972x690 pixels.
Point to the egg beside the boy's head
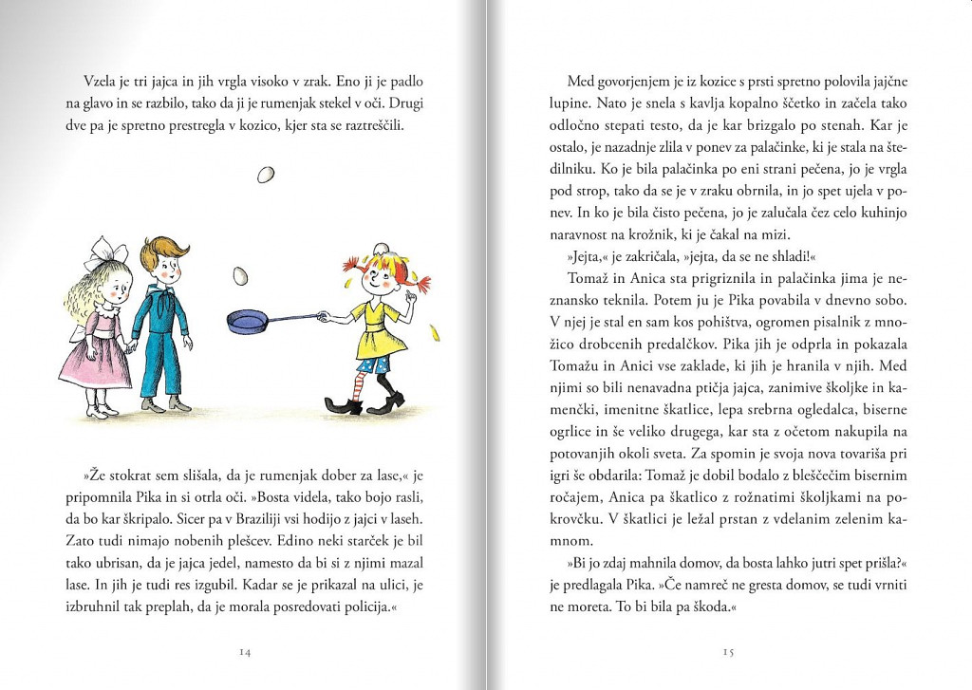(240, 275)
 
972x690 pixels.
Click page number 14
(245, 652)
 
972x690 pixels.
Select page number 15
(728, 652)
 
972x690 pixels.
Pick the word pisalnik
(805, 323)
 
